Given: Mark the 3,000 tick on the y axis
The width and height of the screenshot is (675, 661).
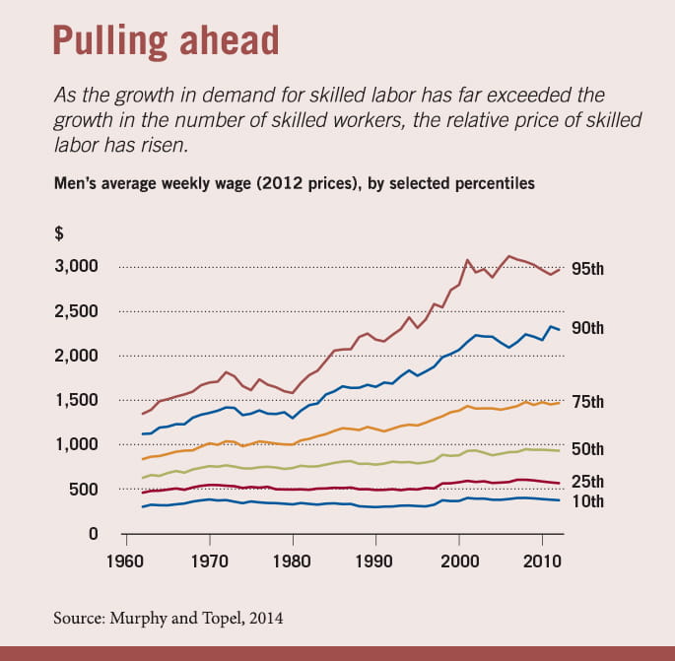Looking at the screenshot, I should pyautogui.click(x=74, y=267).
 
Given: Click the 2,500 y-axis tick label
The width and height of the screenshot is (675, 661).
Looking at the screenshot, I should pyautogui.click(x=74, y=311).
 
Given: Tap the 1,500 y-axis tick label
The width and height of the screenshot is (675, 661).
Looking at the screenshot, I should pyautogui.click(x=74, y=401).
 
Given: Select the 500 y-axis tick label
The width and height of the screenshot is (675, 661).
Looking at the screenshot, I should pyautogui.click(x=84, y=490).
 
